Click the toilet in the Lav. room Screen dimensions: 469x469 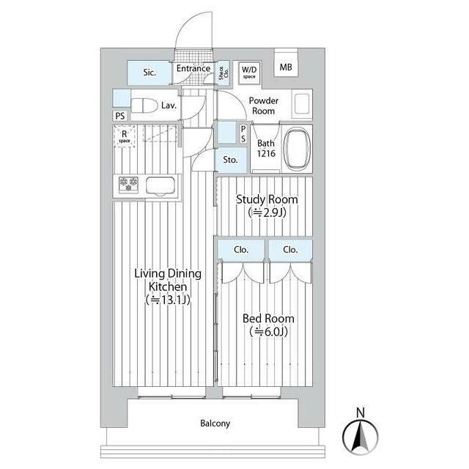(144, 106)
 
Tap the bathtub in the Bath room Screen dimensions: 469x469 (297, 149)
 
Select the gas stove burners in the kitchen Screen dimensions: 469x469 (129, 185)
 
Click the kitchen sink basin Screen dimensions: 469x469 (160, 186)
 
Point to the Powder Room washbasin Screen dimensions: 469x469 (302, 104)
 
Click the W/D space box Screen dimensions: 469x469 (249, 73)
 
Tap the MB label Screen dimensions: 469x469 (286, 67)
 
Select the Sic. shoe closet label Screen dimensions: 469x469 (149, 73)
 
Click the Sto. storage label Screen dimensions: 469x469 (230, 160)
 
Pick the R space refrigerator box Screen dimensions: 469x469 (124, 136)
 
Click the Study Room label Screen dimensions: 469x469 (267, 199)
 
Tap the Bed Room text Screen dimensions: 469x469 (268, 319)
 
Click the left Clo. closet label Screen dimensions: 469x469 (241, 249)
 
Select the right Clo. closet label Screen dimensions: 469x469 (290, 249)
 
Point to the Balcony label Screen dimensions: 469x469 (215, 424)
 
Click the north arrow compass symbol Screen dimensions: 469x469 (361, 437)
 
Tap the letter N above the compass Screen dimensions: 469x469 (361, 413)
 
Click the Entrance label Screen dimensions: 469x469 (193, 68)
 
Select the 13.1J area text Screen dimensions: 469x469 (168, 300)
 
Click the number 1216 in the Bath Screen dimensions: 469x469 (266, 153)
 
